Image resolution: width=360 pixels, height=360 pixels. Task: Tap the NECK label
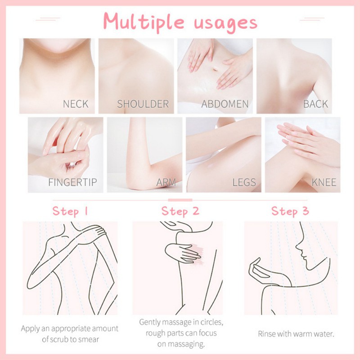(x=76, y=104)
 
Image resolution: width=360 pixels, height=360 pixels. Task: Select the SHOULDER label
(x=142, y=104)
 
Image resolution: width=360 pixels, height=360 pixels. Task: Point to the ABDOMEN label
(x=225, y=104)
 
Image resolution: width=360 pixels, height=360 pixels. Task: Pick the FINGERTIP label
(x=72, y=183)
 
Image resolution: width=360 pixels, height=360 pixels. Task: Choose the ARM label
(x=166, y=183)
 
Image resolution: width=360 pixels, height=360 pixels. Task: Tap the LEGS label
(x=244, y=183)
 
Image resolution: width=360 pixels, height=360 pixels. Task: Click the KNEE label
(x=324, y=183)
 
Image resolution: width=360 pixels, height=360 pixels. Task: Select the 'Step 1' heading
(x=72, y=211)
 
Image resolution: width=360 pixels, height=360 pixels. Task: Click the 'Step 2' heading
(x=180, y=211)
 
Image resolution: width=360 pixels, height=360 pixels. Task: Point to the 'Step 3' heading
(x=290, y=211)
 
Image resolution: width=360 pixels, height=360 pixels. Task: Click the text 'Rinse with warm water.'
(x=296, y=334)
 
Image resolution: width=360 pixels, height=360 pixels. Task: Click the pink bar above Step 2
(x=180, y=199)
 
